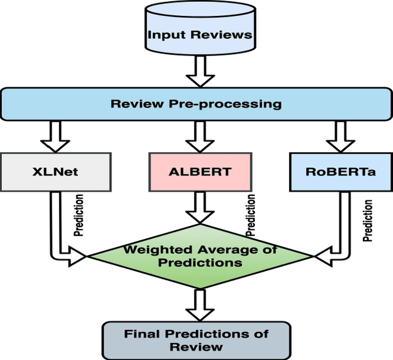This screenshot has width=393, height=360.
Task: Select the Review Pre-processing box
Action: (196, 103)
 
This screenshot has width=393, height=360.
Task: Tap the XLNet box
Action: (55, 171)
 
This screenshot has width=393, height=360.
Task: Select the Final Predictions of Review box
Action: (196, 340)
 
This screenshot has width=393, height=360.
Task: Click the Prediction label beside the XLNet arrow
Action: (79, 216)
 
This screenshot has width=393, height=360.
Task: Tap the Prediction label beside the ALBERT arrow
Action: (251, 216)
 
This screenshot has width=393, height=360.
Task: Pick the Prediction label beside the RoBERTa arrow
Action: (368, 220)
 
